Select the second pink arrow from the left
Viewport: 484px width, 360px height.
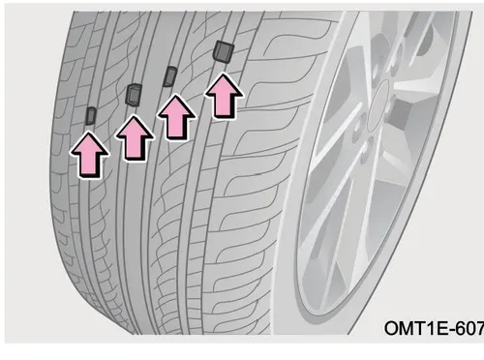click(x=135, y=138)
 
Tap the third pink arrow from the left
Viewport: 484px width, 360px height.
click(x=176, y=118)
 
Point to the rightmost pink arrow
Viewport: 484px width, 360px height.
click(x=224, y=96)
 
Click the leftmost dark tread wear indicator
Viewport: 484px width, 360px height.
click(x=91, y=116)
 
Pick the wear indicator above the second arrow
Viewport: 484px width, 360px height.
click(x=134, y=94)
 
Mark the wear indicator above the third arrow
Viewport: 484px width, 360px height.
click(x=170, y=76)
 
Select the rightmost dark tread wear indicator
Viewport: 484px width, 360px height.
click(x=224, y=51)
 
